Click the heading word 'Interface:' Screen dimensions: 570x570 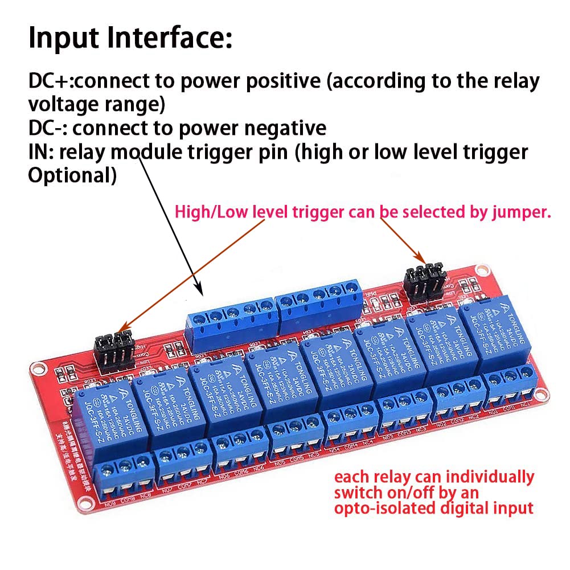pos(165,39)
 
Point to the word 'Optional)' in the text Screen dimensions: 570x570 pos(72,175)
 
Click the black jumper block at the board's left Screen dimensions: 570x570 pos(113,350)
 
